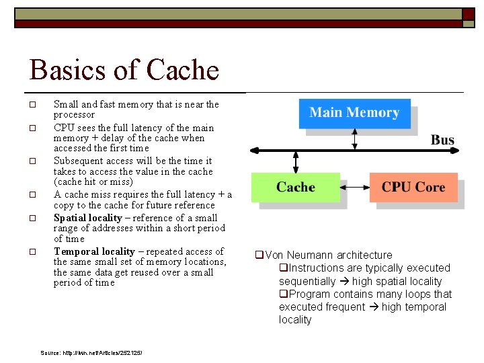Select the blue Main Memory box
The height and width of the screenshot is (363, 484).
(x=354, y=113)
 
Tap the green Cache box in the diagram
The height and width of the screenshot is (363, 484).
(x=295, y=188)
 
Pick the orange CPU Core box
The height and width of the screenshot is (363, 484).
(x=413, y=188)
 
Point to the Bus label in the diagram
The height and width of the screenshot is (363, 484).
(x=442, y=140)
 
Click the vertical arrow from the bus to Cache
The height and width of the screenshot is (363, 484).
(x=295, y=161)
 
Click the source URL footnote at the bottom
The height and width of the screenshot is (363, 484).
(x=91, y=353)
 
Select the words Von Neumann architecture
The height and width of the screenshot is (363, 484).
(x=328, y=255)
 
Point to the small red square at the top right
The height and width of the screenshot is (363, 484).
(x=469, y=14)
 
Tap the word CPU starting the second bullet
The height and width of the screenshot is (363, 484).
(x=64, y=128)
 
